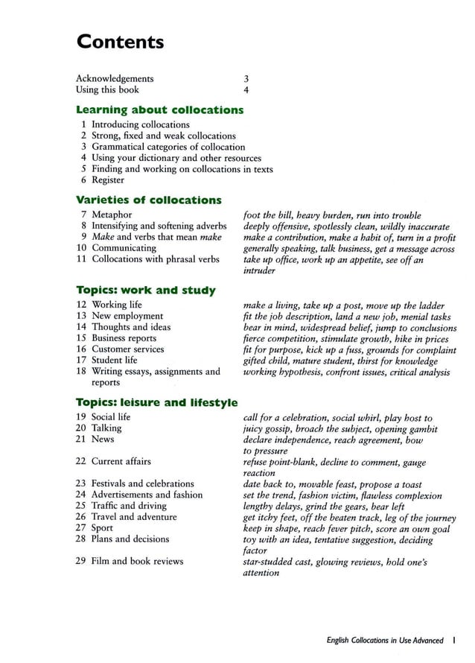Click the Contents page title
(x=120, y=42)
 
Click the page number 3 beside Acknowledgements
(x=246, y=78)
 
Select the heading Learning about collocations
(x=160, y=110)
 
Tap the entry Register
(x=108, y=180)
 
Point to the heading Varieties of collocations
(x=149, y=200)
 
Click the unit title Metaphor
(x=112, y=215)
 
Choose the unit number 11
(x=82, y=259)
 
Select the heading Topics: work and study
(x=146, y=290)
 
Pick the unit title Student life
(x=115, y=361)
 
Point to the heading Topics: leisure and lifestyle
(x=157, y=403)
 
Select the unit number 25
(x=82, y=506)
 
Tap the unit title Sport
(x=103, y=528)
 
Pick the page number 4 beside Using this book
(x=246, y=89)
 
